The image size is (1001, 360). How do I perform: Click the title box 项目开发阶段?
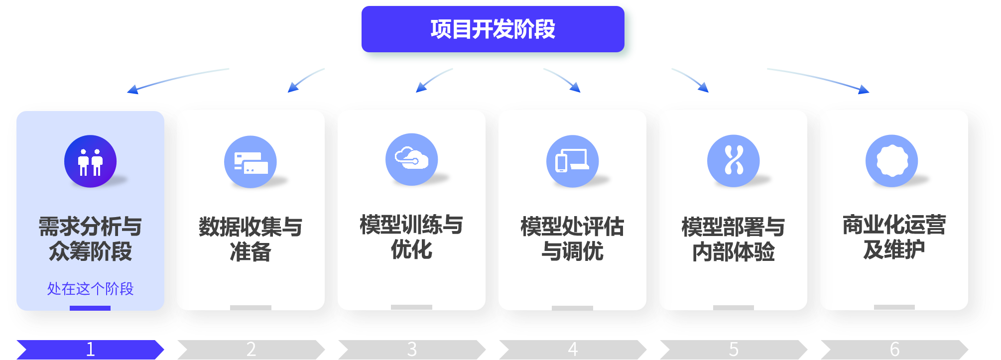(493, 29)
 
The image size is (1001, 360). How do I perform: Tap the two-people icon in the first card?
(90, 161)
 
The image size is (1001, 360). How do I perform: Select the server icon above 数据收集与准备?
(250, 162)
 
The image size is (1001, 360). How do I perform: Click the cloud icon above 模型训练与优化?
(411, 159)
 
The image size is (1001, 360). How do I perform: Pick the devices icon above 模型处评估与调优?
(572, 161)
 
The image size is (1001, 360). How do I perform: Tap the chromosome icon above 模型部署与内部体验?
(733, 161)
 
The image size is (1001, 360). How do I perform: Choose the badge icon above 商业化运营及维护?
(891, 161)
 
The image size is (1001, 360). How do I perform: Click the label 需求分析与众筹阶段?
(90, 239)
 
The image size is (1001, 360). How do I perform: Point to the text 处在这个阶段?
(90, 288)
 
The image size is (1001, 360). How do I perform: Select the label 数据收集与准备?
(250, 240)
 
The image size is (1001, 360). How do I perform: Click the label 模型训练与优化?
(411, 237)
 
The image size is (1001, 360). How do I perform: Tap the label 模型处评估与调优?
(572, 239)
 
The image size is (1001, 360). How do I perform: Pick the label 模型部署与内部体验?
(733, 240)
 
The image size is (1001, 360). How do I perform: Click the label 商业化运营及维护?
(894, 237)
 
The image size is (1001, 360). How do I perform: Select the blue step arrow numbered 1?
(90, 349)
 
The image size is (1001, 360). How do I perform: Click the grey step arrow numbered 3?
(411, 349)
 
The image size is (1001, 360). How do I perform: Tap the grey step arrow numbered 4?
(572, 349)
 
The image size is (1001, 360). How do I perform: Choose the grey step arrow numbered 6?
(894, 349)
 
